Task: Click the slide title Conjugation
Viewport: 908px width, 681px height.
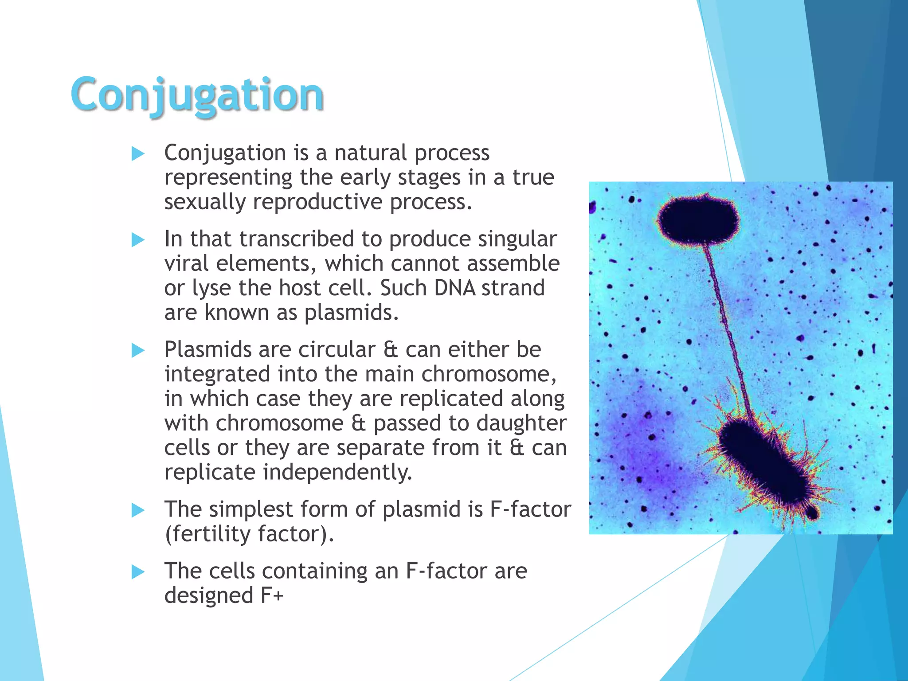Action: [x=197, y=95]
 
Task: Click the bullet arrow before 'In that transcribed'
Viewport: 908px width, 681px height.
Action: [x=138, y=240]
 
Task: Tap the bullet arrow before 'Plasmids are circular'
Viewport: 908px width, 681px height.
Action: [x=138, y=351]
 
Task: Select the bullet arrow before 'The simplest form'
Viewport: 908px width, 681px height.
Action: [x=138, y=511]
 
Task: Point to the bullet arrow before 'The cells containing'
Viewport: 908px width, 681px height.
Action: [x=138, y=572]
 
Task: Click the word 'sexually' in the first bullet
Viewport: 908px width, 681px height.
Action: [x=204, y=202]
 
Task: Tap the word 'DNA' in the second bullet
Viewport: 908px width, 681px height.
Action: [x=454, y=288]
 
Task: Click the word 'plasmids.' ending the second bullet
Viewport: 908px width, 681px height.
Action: [x=351, y=313]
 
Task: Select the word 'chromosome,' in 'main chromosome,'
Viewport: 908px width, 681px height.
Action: [x=488, y=374]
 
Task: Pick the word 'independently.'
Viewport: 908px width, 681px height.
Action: [x=337, y=472]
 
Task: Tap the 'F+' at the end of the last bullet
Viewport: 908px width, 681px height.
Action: [x=271, y=595]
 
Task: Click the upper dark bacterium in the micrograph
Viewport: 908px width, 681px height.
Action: [x=699, y=220]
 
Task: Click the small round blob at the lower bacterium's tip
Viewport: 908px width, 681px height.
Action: [x=812, y=513]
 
